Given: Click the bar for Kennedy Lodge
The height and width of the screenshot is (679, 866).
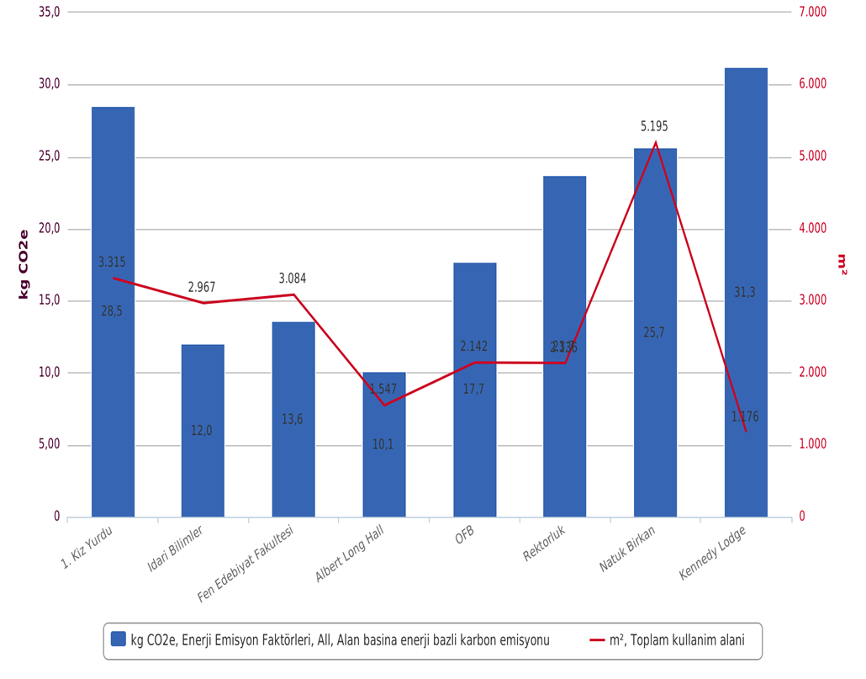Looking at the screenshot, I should coord(746,252).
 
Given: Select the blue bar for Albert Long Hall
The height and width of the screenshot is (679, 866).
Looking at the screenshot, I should coord(383,471).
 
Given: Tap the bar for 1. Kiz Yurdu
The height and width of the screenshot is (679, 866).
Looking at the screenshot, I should coord(113,379).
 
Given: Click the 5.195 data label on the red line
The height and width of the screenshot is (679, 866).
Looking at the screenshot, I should coord(654,126).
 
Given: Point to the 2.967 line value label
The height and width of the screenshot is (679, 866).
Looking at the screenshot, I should coord(202,288).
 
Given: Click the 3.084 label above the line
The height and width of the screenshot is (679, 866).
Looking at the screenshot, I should coord(293,278).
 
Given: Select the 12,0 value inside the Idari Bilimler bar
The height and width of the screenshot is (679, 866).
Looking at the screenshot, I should coord(202,431).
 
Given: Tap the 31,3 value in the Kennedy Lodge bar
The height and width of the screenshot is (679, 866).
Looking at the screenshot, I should coord(745,293).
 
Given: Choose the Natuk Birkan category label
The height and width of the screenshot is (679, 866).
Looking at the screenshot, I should coord(628,549).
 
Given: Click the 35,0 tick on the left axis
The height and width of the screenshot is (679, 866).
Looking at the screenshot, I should coord(50,13).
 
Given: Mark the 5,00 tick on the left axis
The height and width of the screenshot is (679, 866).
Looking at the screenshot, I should coord(50,445).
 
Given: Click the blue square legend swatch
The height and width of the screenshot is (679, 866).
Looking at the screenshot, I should coord(119,640).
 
